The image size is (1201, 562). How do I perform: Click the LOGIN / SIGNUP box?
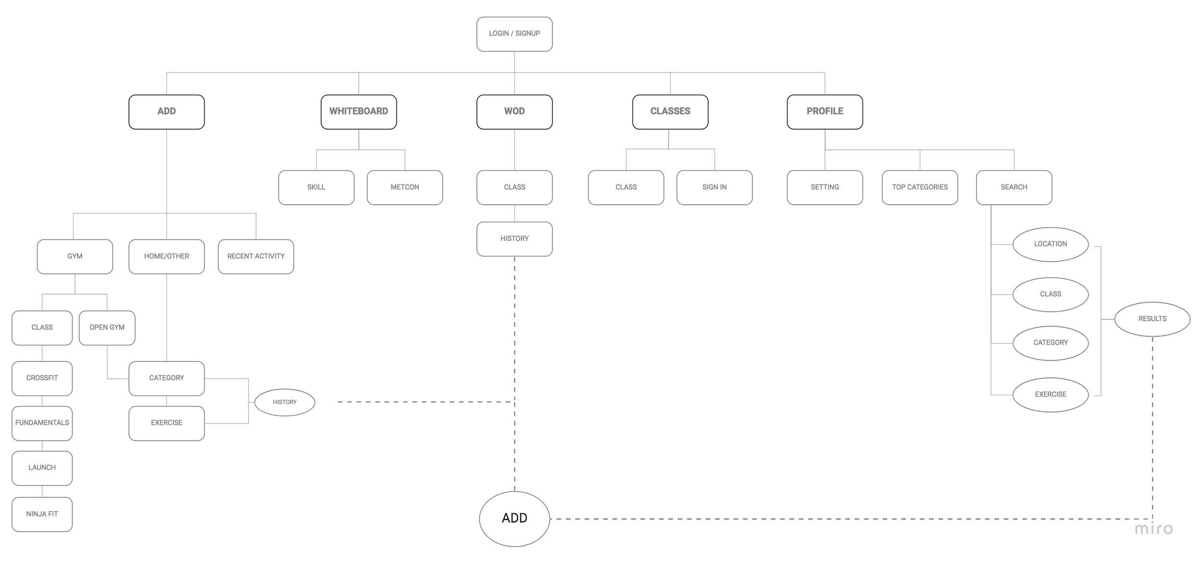click(x=514, y=34)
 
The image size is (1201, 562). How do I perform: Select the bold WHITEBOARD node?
click(x=358, y=112)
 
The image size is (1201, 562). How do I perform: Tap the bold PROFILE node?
click(x=824, y=112)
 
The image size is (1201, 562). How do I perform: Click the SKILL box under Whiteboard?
click(x=316, y=187)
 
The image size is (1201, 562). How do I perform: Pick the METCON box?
click(x=404, y=187)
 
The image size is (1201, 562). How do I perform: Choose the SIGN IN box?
click(x=714, y=187)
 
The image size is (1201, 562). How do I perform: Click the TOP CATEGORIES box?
click(x=919, y=187)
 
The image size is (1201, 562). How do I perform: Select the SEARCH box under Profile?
click(x=1014, y=187)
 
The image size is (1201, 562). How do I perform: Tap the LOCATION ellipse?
click(x=1050, y=244)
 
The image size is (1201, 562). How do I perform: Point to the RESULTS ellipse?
click(x=1152, y=319)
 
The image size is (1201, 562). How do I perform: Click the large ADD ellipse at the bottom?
click(x=514, y=518)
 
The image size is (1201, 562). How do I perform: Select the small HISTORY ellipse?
click(x=284, y=402)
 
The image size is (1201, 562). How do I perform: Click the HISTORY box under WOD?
click(x=514, y=238)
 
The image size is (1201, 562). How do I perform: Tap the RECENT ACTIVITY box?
click(x=256, y=256)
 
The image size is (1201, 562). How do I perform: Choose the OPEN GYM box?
click(x=107, y=327)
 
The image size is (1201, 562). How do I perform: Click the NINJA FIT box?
click(x=42, y=514)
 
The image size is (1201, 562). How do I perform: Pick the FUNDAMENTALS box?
click(x=42, y=423)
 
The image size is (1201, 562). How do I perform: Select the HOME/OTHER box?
click(x=166, y=256)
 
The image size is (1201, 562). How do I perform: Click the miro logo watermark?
click(x=1153, y=529)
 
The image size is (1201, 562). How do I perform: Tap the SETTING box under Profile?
click(x=824, y=187)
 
